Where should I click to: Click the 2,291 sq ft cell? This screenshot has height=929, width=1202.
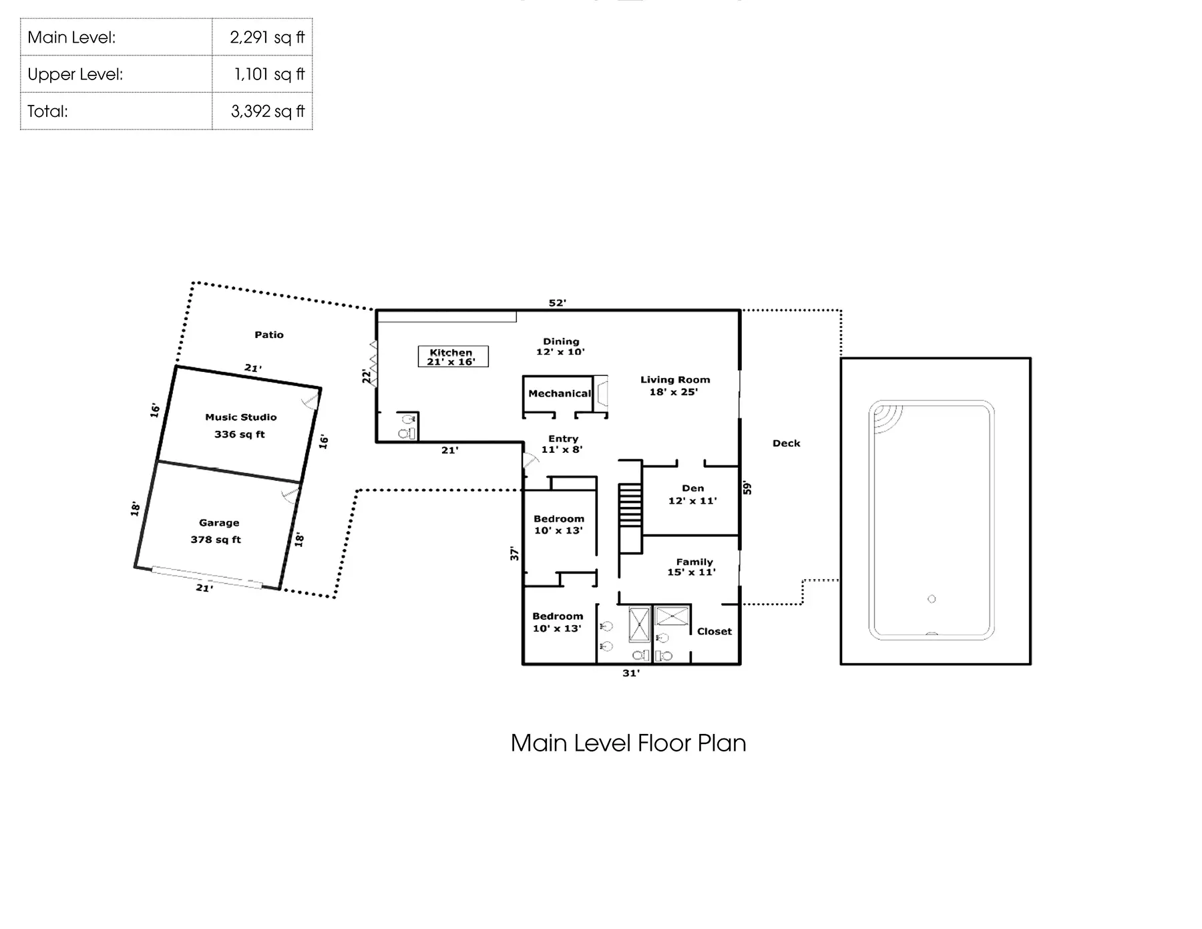click(266, 37)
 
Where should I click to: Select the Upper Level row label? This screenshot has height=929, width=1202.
click(75, 74)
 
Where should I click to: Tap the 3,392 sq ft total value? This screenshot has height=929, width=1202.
click(267, 112)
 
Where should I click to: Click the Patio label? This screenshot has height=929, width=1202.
click(269, 335)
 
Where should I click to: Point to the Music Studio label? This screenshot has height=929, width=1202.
click(240, 417)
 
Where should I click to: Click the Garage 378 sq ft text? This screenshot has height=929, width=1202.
click(217, 531)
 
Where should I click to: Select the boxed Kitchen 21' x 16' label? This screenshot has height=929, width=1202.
click(452, 357)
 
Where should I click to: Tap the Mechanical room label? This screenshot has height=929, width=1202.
click(559, 393)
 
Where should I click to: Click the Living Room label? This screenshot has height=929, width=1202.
click(674, 385)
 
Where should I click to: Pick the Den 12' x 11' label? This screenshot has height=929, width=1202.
click(692, 494)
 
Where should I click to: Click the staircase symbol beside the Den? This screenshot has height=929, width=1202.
click(630, 506)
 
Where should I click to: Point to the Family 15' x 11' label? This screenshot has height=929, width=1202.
click(692, 567)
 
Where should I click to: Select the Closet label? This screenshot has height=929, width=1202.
click(714, 631)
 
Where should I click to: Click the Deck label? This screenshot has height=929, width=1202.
click(786, 443)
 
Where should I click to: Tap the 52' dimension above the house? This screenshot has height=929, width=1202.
click(557, 303)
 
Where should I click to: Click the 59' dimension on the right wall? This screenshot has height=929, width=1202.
click(747, 488)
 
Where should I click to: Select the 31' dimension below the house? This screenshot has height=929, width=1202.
click(630, 673)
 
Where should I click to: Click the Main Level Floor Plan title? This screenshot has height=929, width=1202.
click(628, 743)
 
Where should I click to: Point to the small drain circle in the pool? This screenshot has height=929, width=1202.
click(932, 599)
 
